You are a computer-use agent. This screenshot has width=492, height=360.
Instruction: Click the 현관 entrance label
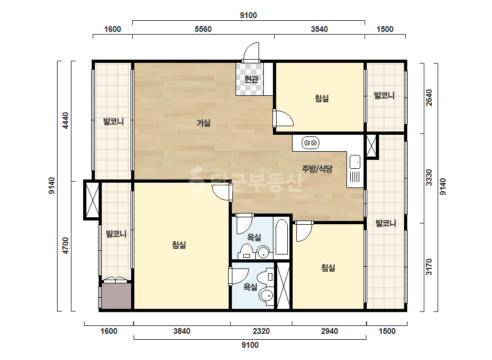[251, 79]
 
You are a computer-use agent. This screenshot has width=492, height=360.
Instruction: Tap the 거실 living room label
[203, 123]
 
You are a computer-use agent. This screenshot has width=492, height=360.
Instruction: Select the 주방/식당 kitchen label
[317, 169]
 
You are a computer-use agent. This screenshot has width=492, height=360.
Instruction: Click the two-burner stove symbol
[310, 143]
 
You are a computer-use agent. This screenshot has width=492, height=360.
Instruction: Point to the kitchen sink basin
[355, 162]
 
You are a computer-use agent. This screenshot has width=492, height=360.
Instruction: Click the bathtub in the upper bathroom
[281, 237]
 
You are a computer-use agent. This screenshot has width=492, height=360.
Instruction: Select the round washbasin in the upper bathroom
[263, 252]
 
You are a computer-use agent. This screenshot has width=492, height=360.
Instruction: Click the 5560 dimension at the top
[203, 29]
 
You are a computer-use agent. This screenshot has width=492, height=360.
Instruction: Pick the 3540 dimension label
[319, 29]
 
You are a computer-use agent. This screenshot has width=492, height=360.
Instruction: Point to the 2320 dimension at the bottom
[261, 331]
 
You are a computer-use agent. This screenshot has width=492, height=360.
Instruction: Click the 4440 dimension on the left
[65, 120]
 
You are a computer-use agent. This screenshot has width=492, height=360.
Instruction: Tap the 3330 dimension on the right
[429, 177]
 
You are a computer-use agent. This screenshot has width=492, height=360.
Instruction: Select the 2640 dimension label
[429, 97]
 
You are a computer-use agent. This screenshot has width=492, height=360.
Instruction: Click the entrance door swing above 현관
[251, 52]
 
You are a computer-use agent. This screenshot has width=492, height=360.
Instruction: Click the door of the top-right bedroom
[283, 118]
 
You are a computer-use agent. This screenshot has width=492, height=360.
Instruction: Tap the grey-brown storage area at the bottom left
[116, 296]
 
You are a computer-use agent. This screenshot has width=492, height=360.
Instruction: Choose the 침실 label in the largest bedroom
[179, 244]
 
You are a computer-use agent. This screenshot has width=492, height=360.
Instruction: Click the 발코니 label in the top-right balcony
[384, 95]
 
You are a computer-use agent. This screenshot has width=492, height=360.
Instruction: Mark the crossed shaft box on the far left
[92, 200]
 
